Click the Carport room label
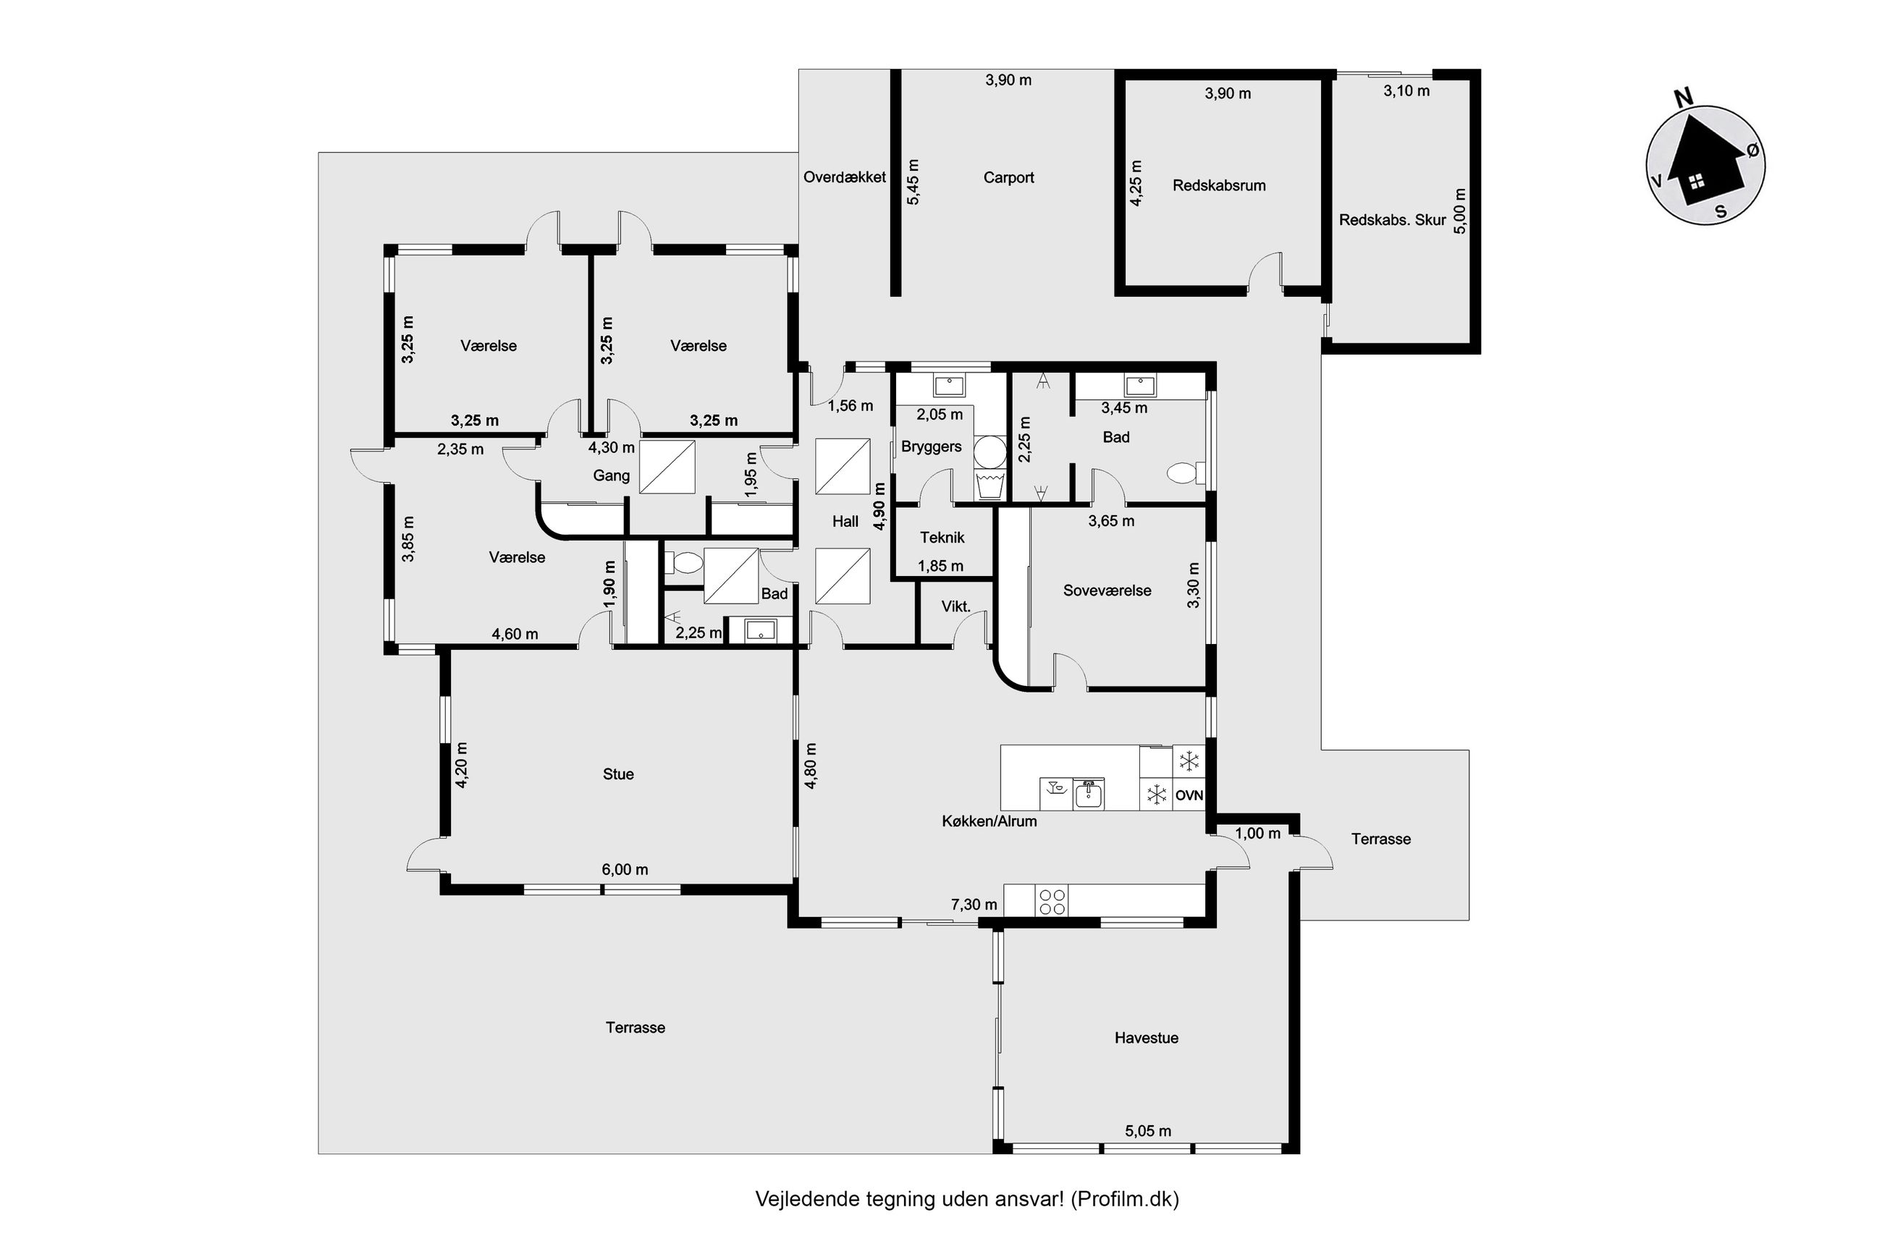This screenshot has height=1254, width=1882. point(1008,177)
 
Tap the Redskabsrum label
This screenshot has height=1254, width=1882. point(1218,185)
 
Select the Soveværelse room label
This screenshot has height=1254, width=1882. point(1106,590)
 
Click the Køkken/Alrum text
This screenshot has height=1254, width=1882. point(989,821)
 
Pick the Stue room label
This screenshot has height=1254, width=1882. point(617,774)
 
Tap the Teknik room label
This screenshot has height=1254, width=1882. point(942,538)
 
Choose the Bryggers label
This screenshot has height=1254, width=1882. point(931,446)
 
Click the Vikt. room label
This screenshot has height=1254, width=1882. point(955,606)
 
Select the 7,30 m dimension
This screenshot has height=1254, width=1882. point(974,905)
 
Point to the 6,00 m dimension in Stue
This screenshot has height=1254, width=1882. point(625,869)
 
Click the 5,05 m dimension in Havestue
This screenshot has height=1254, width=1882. point(1148,1131)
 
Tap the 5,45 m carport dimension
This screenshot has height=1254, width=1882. point(913,182)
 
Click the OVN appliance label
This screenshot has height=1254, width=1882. point(1189,796)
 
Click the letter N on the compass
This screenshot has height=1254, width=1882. point(1683,98)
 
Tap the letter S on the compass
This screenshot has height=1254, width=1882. point(1721,213)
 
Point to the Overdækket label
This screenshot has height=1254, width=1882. point(844,177)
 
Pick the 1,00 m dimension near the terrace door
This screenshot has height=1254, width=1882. point(1257,834)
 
